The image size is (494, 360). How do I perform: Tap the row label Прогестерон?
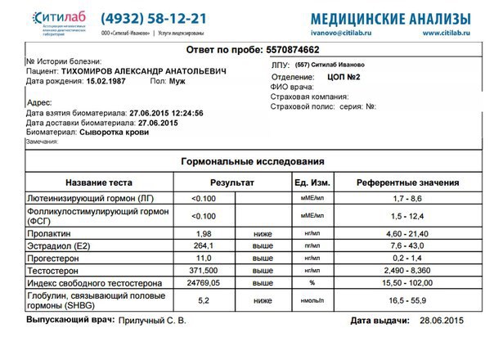coord(55,258)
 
